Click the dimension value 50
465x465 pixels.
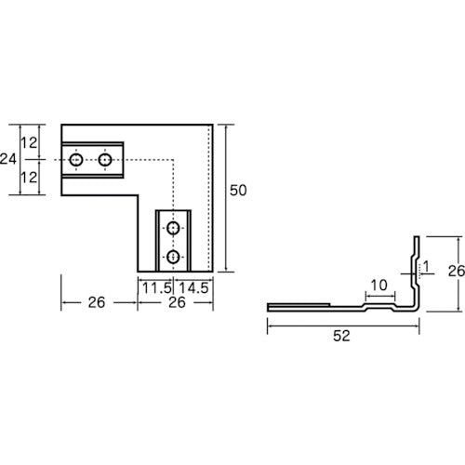[x=238, y=191]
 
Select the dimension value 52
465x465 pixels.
[x=341, y=336]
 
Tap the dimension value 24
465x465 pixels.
[x=8, y=159]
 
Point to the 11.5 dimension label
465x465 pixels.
[x=157, y=288]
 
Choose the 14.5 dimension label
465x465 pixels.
[x=193, y=288]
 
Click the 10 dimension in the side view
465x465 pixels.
[x=379, y=285]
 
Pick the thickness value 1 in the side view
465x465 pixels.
[x=426, y=266]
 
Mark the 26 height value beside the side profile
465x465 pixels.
[x=457, y=271]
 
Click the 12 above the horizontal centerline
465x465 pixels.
[x=29, y=142]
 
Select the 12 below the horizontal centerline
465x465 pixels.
[x=29, y=178]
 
